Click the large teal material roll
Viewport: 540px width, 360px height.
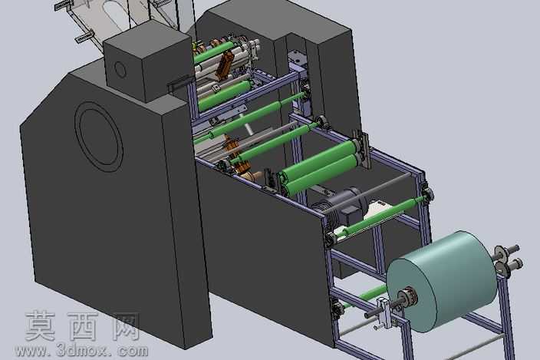pyautogui.click(x=443, y=281)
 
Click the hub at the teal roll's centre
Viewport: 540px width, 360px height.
pyautogui.click(x=408, y=297)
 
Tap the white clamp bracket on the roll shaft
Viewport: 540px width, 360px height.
pyautogui.click(x=385, y=312)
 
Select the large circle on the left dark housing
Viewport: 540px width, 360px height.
pyautogui.click(x=99, y=134)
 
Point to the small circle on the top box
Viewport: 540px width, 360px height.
pyautogui.click(x=120, y=70)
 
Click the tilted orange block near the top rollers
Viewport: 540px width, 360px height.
pyautogui.click(x=224, y=65)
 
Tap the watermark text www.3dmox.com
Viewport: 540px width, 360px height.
pyautogui.click(x=81, y=351)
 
